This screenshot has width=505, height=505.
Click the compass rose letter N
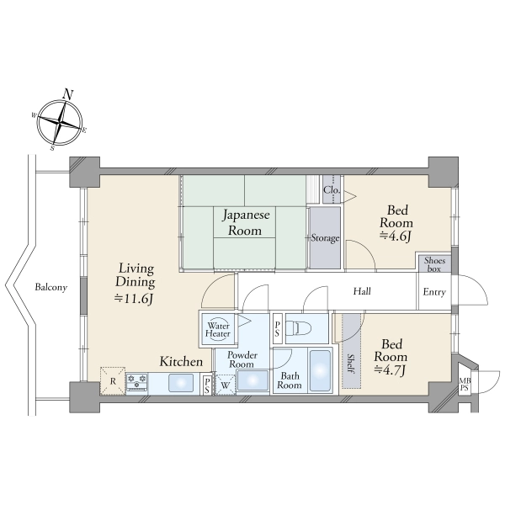pos(67,94)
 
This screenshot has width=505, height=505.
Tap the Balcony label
pos(51,287)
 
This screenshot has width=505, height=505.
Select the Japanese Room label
pos(246,222)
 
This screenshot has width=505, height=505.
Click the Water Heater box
pos(218,329)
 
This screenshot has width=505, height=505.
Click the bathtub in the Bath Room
pos(320,369)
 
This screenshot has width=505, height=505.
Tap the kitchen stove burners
pos(136,382)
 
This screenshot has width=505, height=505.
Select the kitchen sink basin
pos(181,383)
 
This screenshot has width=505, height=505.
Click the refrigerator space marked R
pos(113,381)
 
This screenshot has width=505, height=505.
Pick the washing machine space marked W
pos(225,385)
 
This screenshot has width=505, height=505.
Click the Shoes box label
pos(434,264)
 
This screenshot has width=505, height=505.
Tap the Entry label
pos(434,292)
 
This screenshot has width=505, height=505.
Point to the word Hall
pos(362,291)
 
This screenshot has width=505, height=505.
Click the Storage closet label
pos(325,238)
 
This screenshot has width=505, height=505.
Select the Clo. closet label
pos(332,189)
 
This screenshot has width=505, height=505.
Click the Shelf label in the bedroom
pos(351,364)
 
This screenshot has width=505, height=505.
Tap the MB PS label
pos(465,385)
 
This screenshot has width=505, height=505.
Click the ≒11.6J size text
pos(134,299)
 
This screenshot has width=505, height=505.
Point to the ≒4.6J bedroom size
pos(396,236)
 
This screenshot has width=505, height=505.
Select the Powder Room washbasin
pos(252,380)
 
